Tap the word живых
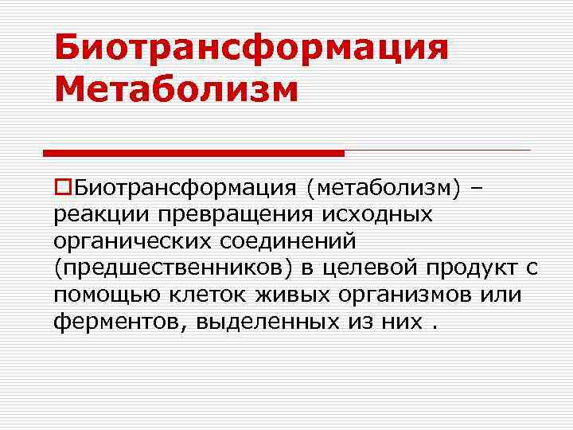click(x=283, y=295)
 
